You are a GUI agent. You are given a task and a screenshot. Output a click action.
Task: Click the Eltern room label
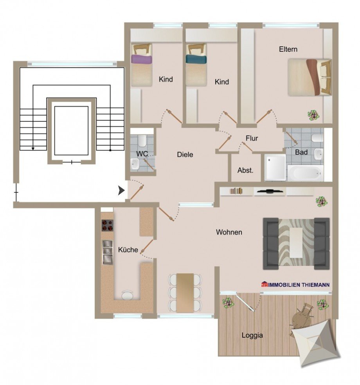(288, 49)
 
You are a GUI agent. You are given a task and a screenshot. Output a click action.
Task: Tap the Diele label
(185, 155)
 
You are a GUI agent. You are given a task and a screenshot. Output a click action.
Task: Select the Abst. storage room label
(245, 171)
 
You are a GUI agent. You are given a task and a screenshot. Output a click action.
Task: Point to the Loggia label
(252, 335)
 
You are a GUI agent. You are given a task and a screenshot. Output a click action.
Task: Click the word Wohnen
(229, 232)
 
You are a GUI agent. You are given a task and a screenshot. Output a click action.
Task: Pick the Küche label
(128, 250)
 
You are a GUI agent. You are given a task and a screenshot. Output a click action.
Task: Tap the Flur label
(252, 138)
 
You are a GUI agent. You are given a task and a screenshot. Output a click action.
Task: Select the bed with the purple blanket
(141, 65)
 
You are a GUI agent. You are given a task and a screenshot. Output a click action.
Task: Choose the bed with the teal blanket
(196, 65)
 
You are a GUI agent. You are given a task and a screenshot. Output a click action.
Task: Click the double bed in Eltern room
(310, 77)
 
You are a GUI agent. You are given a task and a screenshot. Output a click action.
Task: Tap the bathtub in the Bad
(305, 172)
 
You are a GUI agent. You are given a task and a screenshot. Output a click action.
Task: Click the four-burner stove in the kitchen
(108, 225)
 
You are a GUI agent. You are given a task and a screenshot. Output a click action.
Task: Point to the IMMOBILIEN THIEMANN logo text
(295, 285)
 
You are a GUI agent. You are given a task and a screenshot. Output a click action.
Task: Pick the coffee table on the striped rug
(296, 243)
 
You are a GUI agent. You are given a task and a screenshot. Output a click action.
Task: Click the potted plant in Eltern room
(313, 115)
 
